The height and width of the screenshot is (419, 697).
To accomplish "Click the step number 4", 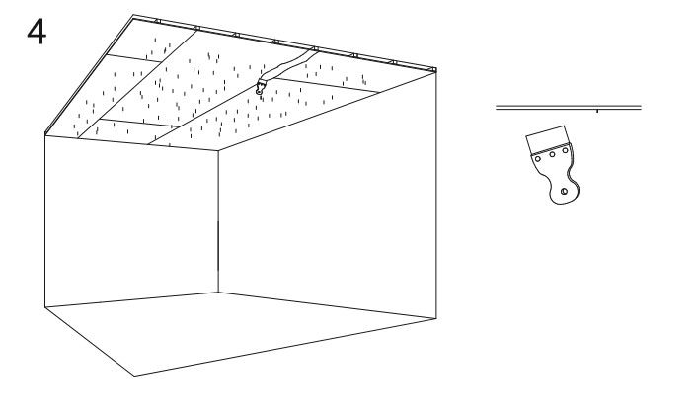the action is coord(37,32).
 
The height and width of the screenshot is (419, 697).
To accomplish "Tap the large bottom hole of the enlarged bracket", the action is coord(564,192).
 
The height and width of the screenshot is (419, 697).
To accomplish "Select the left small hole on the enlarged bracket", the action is coord(538,159).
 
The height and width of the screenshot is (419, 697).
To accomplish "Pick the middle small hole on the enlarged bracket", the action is coord(552,155).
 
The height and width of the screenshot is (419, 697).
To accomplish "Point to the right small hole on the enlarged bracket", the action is coord(565,151).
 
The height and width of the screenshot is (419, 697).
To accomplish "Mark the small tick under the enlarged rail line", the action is coord(597,111).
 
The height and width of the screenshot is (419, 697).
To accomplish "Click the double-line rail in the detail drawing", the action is coord(569,107).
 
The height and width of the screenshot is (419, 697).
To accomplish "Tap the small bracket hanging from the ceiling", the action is coord(261,87).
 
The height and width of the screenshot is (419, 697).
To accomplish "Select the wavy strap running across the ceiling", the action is coord(289,66).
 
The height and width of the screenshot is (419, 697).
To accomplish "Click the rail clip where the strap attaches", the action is coord(314,48).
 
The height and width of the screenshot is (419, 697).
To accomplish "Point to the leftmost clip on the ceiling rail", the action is coord(157,20).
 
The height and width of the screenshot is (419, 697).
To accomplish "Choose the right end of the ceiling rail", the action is coord(435,70).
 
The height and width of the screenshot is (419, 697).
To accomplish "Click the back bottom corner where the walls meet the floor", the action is coord(218,293).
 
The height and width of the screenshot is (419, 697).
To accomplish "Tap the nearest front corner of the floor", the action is coord(134,376).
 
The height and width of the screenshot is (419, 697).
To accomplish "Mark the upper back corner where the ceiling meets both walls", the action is coord(218,151).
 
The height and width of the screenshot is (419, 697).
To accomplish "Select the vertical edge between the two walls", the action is coord(218,221).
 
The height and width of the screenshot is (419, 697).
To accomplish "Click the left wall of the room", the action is coord(131,221).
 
